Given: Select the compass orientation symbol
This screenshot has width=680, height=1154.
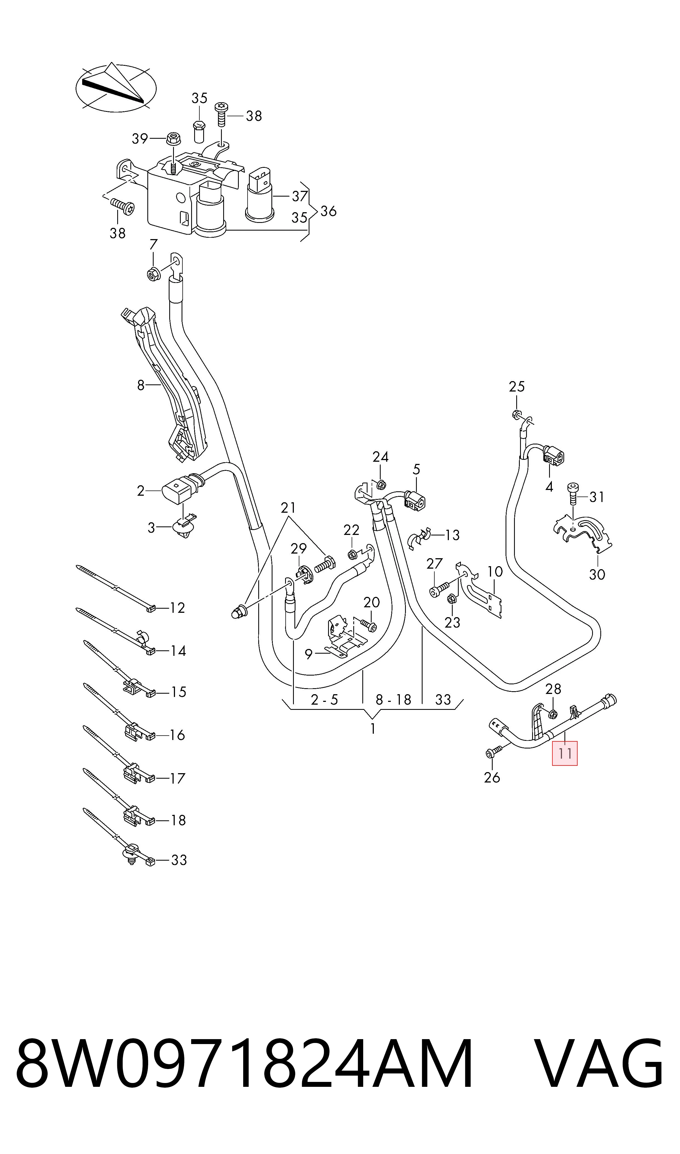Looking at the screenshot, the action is (116, 87).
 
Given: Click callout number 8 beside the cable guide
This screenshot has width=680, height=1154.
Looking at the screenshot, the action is (141, 385).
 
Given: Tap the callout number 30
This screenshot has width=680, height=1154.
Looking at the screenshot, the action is (597, 574).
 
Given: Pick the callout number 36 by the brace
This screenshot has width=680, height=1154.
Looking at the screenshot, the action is (328, 211).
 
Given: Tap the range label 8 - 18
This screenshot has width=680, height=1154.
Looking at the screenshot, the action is (393, 700).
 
